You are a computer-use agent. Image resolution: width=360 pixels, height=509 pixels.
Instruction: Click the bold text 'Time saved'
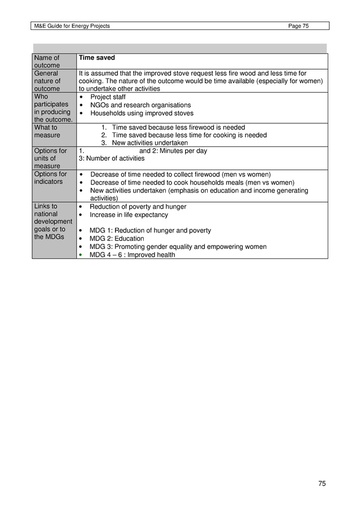96,58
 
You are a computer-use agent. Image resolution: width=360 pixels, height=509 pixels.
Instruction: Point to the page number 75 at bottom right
322,484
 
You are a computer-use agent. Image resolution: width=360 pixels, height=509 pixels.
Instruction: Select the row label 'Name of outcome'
47,62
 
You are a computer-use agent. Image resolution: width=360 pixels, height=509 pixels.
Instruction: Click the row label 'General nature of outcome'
47,81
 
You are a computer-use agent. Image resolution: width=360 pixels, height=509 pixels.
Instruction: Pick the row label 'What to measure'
47,131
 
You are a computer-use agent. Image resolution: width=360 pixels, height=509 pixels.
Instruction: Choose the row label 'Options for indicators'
50,178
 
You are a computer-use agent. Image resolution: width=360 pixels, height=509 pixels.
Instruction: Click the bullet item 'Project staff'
108,97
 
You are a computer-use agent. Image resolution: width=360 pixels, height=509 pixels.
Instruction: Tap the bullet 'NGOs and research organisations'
140,105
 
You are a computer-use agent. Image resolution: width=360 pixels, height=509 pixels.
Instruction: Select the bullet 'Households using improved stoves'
142,113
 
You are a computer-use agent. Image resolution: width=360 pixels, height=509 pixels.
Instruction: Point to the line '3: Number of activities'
112,158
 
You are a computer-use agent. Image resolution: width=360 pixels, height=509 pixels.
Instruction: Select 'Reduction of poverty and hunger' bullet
138,207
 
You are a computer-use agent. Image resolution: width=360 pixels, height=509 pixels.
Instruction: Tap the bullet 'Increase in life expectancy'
129,215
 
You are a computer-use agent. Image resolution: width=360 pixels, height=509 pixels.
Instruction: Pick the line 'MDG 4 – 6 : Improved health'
132,255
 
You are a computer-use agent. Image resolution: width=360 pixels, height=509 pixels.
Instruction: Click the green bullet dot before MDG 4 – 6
82,255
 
